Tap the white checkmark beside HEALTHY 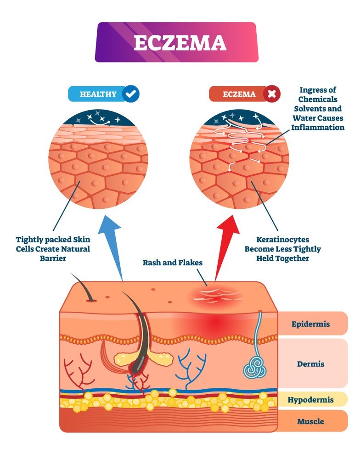(131, 95)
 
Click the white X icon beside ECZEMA (272, 95)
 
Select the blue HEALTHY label (98, 95)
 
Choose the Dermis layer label (310, 364)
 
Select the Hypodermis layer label (310, 399)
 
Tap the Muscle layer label (310, 421)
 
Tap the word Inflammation (317, 127)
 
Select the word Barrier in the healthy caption (53, 258)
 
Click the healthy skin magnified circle (98, 159)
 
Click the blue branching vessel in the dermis (189, 365)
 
